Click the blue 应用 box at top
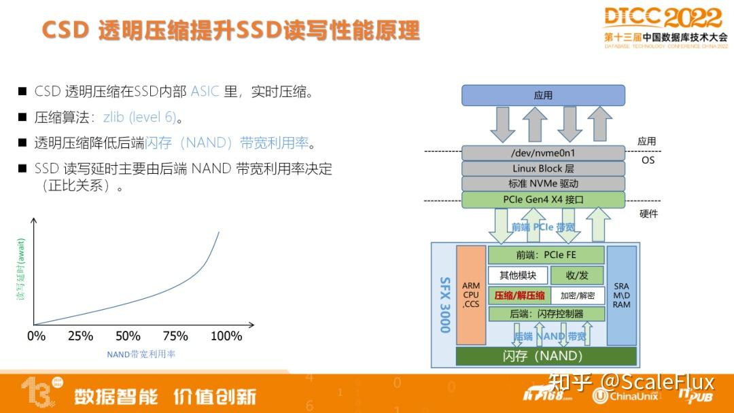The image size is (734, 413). [543, 95]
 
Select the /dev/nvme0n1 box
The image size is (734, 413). [543, 153]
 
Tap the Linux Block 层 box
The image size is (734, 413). [543, 168]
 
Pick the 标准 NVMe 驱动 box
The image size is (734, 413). [543, 183]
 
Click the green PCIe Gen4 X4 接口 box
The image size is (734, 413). [543, 200]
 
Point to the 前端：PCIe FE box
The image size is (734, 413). [546, 255]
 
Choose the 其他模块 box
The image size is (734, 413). [518, 275]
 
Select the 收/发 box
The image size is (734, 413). [576, 275]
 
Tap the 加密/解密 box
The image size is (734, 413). [577, 295]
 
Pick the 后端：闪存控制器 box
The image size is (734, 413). [546, 314]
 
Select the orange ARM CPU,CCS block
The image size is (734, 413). [471, 295]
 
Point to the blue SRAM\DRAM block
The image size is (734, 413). [621, 295]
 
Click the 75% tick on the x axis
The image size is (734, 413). [175, 336]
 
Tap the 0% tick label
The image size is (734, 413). [36, 336]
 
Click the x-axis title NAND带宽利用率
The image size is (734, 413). [141, 354]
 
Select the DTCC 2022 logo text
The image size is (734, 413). [663, 18]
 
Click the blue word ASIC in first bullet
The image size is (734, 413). [205, 91]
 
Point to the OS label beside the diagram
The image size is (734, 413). [648, 160]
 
